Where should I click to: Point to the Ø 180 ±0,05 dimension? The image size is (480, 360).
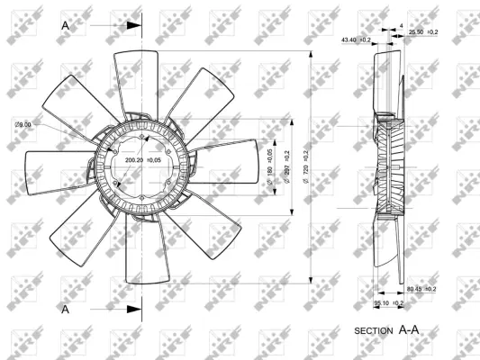(271, 166)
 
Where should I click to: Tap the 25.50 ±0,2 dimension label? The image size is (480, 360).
(423, 32)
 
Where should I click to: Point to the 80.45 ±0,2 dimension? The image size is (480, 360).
(421, 289)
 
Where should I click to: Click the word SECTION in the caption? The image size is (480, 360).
(374, 331)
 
